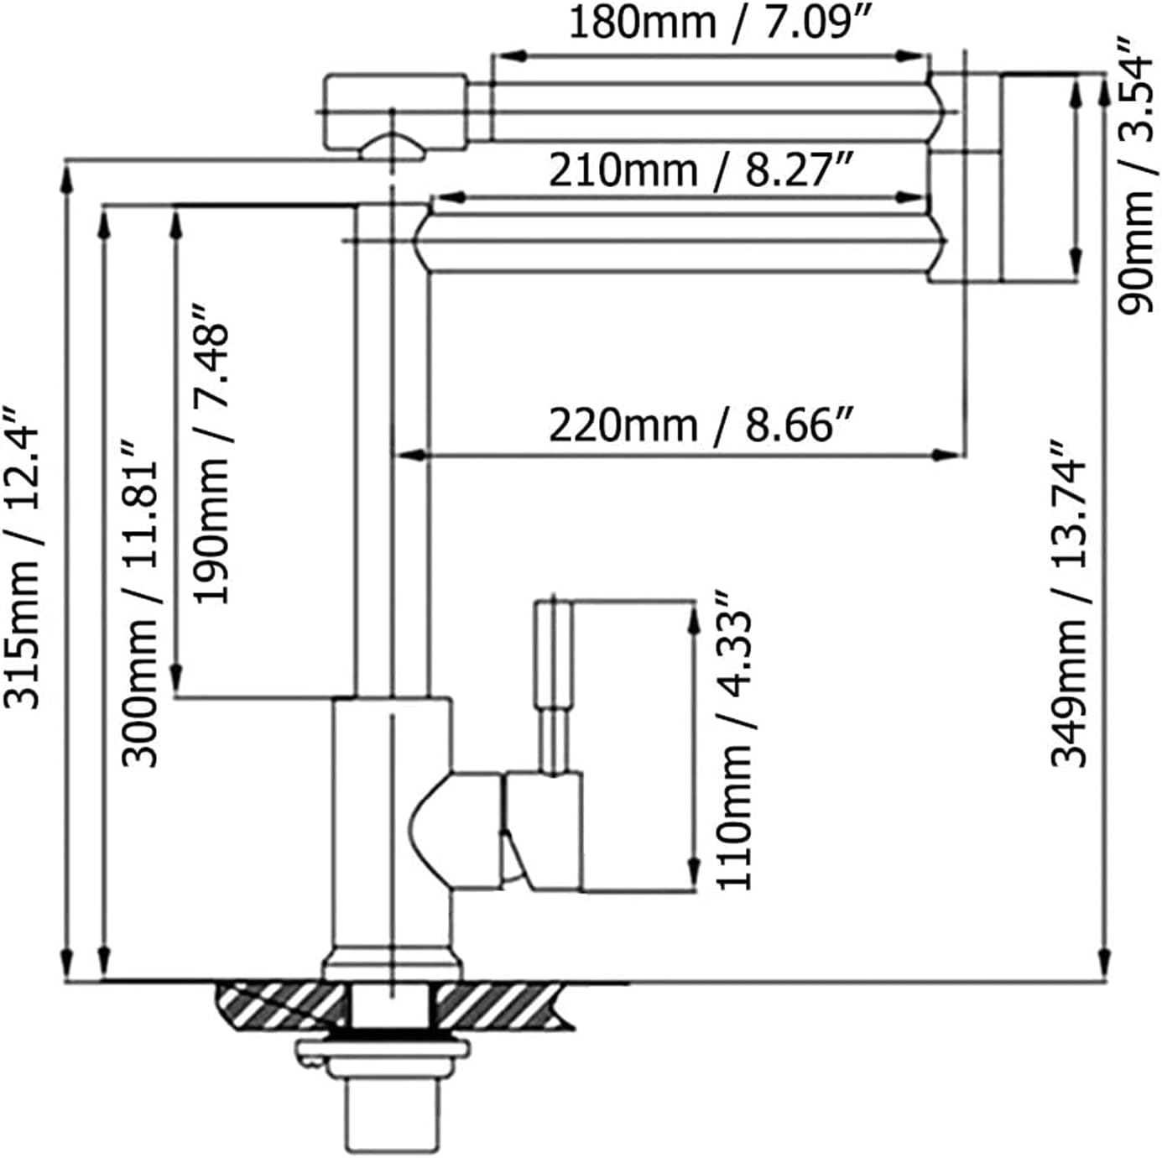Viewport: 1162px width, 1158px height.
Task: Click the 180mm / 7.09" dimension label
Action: click(x=721, y=23)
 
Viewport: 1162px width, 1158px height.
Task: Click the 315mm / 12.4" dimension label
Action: click(x=22, y=557)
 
